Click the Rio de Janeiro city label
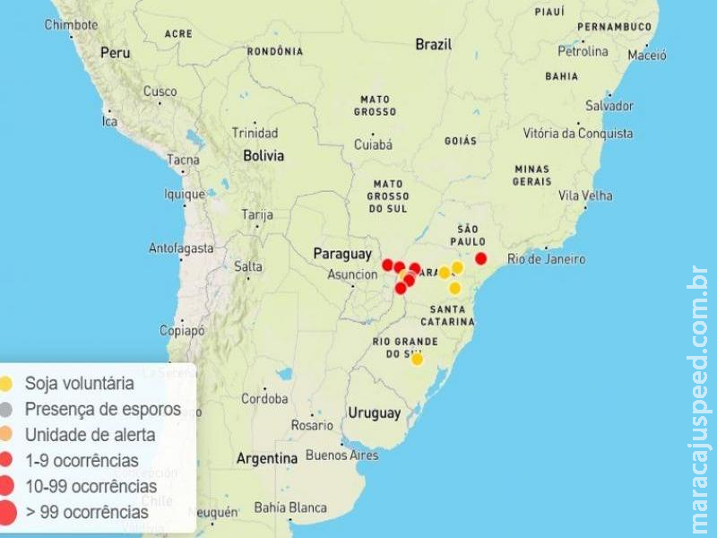(x=546, y=259)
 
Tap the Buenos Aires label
(x=341, y=455)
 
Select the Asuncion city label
(x=352, y=274)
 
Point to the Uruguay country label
(x=374, y=413)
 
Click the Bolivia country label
(x=263, y=155)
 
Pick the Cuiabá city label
(x=373, y=143)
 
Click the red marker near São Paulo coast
(x=480, y=258)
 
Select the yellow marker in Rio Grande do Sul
(x=417, y=359)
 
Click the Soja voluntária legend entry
(x=80, y=384)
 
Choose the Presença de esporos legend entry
(x=102, y=409)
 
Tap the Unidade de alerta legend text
(x=90, y=435)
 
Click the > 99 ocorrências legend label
(x=87, y=512)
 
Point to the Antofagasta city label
(x=181, y=247)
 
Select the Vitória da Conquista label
(x=578, y=134)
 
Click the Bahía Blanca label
(x=290, y=508)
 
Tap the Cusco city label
(x=160, y=91)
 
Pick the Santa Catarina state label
(x=446, y=315)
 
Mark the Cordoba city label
(x=263, y=398)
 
